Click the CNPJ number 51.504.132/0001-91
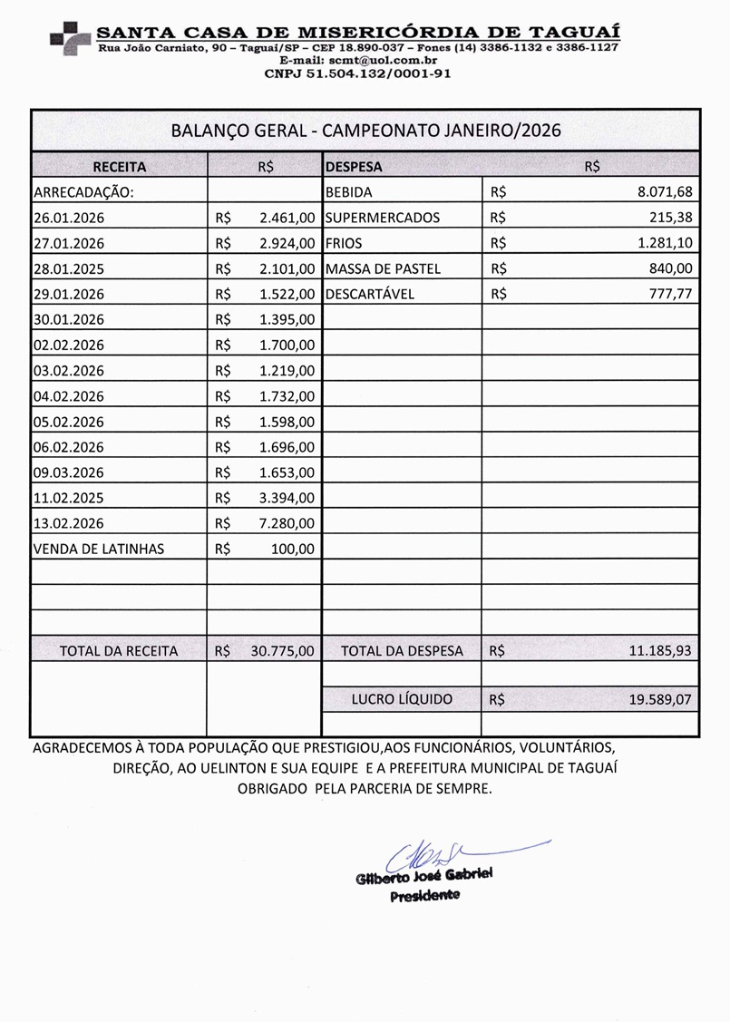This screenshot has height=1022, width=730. pos(357,73)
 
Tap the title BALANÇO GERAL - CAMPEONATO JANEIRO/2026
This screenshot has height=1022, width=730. pos(365,130)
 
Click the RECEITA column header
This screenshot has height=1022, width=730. pos(119,167)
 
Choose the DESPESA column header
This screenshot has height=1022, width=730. pos(354,167)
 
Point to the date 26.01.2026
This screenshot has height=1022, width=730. pos(69,218)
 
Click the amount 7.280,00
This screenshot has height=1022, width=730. pos(287,523)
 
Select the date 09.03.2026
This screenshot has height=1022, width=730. pos(69,472)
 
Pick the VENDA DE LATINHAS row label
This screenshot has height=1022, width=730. pos(99,549)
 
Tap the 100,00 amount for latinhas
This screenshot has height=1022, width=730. pos(293,549)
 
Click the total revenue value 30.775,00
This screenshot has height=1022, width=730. pos(283,650)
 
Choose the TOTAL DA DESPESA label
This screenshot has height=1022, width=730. pos(402,650)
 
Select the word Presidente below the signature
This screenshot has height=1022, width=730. pos(424,896)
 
